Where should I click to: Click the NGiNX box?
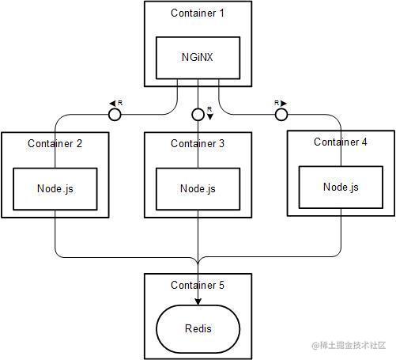tap(198, 57)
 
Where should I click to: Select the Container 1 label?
tap(198, 13)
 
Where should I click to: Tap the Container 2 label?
tap(55, 143)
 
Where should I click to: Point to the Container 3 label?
tap(198, 143)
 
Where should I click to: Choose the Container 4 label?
tap(341, 142)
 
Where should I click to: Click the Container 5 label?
tap(198, 285)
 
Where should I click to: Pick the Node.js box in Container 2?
tap(55, 188)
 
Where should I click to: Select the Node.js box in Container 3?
tap(198, 188)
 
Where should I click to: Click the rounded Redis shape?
tap(198, 328)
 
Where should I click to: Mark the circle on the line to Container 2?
tap(115, 115)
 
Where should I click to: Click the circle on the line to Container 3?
tap(198, 115)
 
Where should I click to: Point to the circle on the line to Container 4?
tap(280, 115)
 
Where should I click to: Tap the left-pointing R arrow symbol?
tap(115, 103)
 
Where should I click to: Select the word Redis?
tap(198, 328)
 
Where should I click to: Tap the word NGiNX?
tap(198, 57)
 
